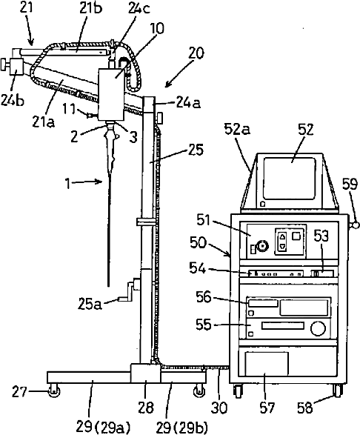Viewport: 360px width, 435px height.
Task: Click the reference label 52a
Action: pos(238,130)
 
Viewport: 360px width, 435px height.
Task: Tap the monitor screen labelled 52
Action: pos(290,179)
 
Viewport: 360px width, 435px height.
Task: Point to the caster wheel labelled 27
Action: pos(53,391)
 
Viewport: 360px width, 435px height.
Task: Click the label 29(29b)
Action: pos(182,428)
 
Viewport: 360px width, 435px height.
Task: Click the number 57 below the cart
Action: pos(267,408)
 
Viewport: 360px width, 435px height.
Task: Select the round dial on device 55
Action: pos(318,328)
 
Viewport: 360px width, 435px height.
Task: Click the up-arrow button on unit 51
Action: pos(282,237)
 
